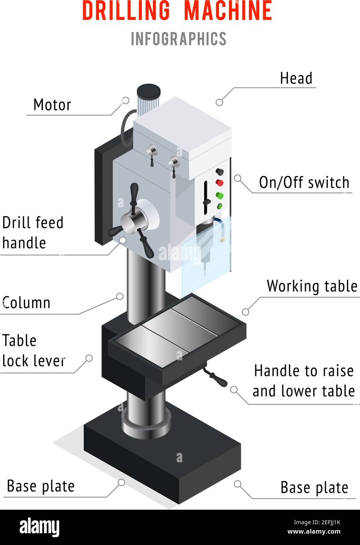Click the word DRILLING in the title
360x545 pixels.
click(x=126, y=11)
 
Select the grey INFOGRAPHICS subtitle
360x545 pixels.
click(x=178, y=39)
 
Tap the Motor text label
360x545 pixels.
click(x=52, y=105)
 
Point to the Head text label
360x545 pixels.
click(x=296, y=78)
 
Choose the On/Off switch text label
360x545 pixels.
click(x=304, y=183)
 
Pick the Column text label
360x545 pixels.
click(x=27, y=303)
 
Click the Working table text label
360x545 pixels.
click(x=312, y=286)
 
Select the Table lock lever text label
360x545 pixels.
click(x=33, y=351)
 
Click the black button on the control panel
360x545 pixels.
click(x=220, y=172)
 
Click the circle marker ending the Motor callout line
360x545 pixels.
click(x=125, y=100)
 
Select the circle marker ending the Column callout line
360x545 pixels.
click(x=120, y=297)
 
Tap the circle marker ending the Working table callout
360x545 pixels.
click(x=245, y=312)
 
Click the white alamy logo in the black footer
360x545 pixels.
click(x=39, y=527)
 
